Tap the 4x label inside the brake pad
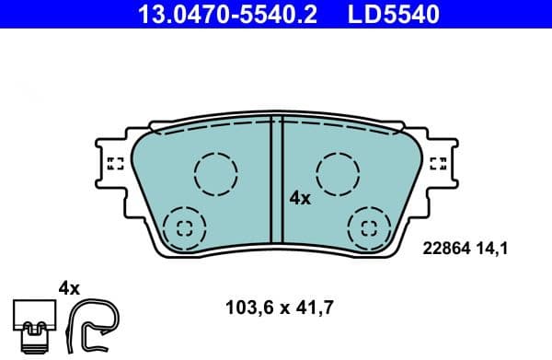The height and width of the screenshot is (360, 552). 300,197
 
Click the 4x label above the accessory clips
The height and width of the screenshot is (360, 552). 69,287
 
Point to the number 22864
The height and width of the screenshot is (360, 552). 444,247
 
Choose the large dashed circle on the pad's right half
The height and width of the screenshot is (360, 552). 336,172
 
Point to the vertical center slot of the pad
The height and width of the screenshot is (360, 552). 276,184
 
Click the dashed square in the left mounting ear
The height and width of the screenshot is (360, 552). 115,164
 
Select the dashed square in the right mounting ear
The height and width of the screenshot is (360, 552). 439,164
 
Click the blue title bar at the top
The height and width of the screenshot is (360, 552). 276,15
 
